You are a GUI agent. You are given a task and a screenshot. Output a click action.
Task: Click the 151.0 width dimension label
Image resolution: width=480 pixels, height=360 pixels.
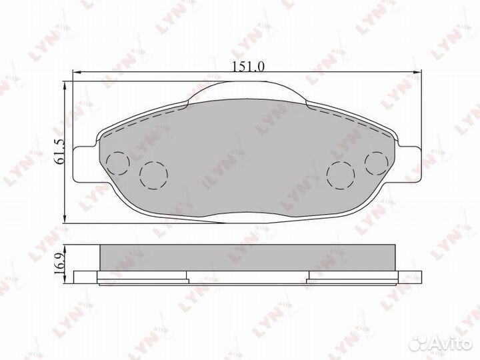point(248,67)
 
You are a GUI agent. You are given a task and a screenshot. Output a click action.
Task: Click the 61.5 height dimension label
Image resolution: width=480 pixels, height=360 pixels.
point(59,151)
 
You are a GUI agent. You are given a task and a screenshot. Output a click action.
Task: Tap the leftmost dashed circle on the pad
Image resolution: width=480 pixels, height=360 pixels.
point(118,163)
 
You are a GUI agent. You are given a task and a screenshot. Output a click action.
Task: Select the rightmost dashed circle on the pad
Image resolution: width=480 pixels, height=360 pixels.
point(377,163)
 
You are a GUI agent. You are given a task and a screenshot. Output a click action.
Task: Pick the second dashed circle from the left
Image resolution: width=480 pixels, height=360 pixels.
point(153,175)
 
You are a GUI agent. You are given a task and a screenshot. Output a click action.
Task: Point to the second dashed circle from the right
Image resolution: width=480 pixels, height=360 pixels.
point(341,175)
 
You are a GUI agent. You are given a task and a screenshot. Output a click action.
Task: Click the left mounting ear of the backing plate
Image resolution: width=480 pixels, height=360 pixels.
point(85,164)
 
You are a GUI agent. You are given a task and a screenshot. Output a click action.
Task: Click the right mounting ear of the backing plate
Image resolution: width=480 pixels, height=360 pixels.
point(409,164)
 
